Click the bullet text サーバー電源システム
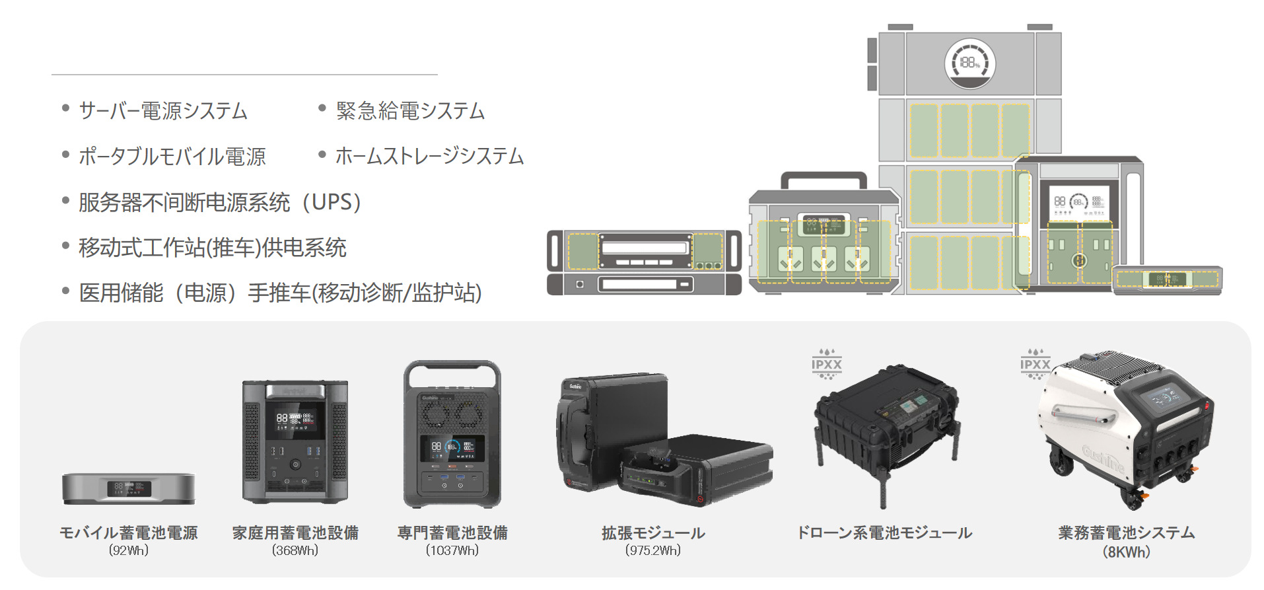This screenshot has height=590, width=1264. pyautogui.click(x=162, y=111)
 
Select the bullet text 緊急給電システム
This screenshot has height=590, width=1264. pyautogui.click(x=410, y=111)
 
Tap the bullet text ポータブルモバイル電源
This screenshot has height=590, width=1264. pyautogui.click(x=172, y=157)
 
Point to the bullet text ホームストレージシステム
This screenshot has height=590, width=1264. pyautogui.click(x=429, y=157)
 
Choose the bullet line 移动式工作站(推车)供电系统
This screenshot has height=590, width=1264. pyautogui.click(x=212, y=248)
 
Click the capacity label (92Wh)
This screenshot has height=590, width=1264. pyautogui.click(x=129, y=550)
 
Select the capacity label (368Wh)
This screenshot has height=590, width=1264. pyautogui.click(x=295, y=550)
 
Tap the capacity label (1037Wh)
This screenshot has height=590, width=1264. pyautogui.click(x=452, y=550)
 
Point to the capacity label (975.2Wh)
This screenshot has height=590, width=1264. pyautogui.click(x=653, y=550)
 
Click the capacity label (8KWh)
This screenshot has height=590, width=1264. pyautogui.click(x=1127, y=552)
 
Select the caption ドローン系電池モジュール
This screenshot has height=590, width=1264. pyautogui.click(x=885, y=533)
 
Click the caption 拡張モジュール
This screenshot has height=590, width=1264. pyautogui.click(x=653, y=533)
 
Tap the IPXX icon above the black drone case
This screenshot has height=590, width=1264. pyautogui.click(x=827, y=364)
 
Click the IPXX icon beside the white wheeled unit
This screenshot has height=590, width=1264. pyautogui.click(x=1035, y=364)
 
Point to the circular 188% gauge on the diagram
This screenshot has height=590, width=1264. pyautogui.click(x=970, y=63)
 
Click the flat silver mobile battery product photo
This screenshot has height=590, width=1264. pyautogui.click(x=129, y=489)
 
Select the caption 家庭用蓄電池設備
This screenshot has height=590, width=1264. pyautogui.click(x=295, y=533)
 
